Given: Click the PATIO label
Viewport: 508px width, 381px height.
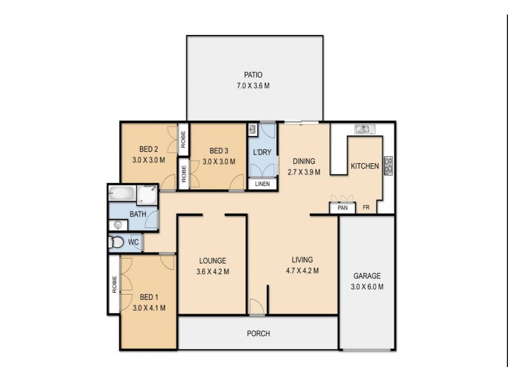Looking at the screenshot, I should [253, 74].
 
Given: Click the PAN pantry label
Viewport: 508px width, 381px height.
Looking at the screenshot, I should [342, 208].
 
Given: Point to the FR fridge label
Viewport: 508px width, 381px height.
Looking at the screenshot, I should [366, 208].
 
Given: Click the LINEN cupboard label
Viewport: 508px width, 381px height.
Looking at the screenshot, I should [262, 184].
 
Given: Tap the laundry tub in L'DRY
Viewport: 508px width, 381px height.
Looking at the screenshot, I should [253, 130].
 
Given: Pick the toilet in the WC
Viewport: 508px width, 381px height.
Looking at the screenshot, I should [117, 242].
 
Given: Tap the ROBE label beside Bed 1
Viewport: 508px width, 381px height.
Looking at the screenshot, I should [114, 284].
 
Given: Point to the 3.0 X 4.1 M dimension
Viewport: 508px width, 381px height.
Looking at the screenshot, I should [149, 308].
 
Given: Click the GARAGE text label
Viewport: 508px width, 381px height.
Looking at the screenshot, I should [367, 276].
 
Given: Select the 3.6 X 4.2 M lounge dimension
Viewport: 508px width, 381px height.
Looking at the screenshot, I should [212, 272].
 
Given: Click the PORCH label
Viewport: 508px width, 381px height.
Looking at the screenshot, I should [258, 333].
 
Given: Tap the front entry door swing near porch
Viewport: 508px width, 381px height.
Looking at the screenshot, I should [257, 306].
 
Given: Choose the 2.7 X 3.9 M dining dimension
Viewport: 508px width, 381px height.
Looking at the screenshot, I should [304, 171].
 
